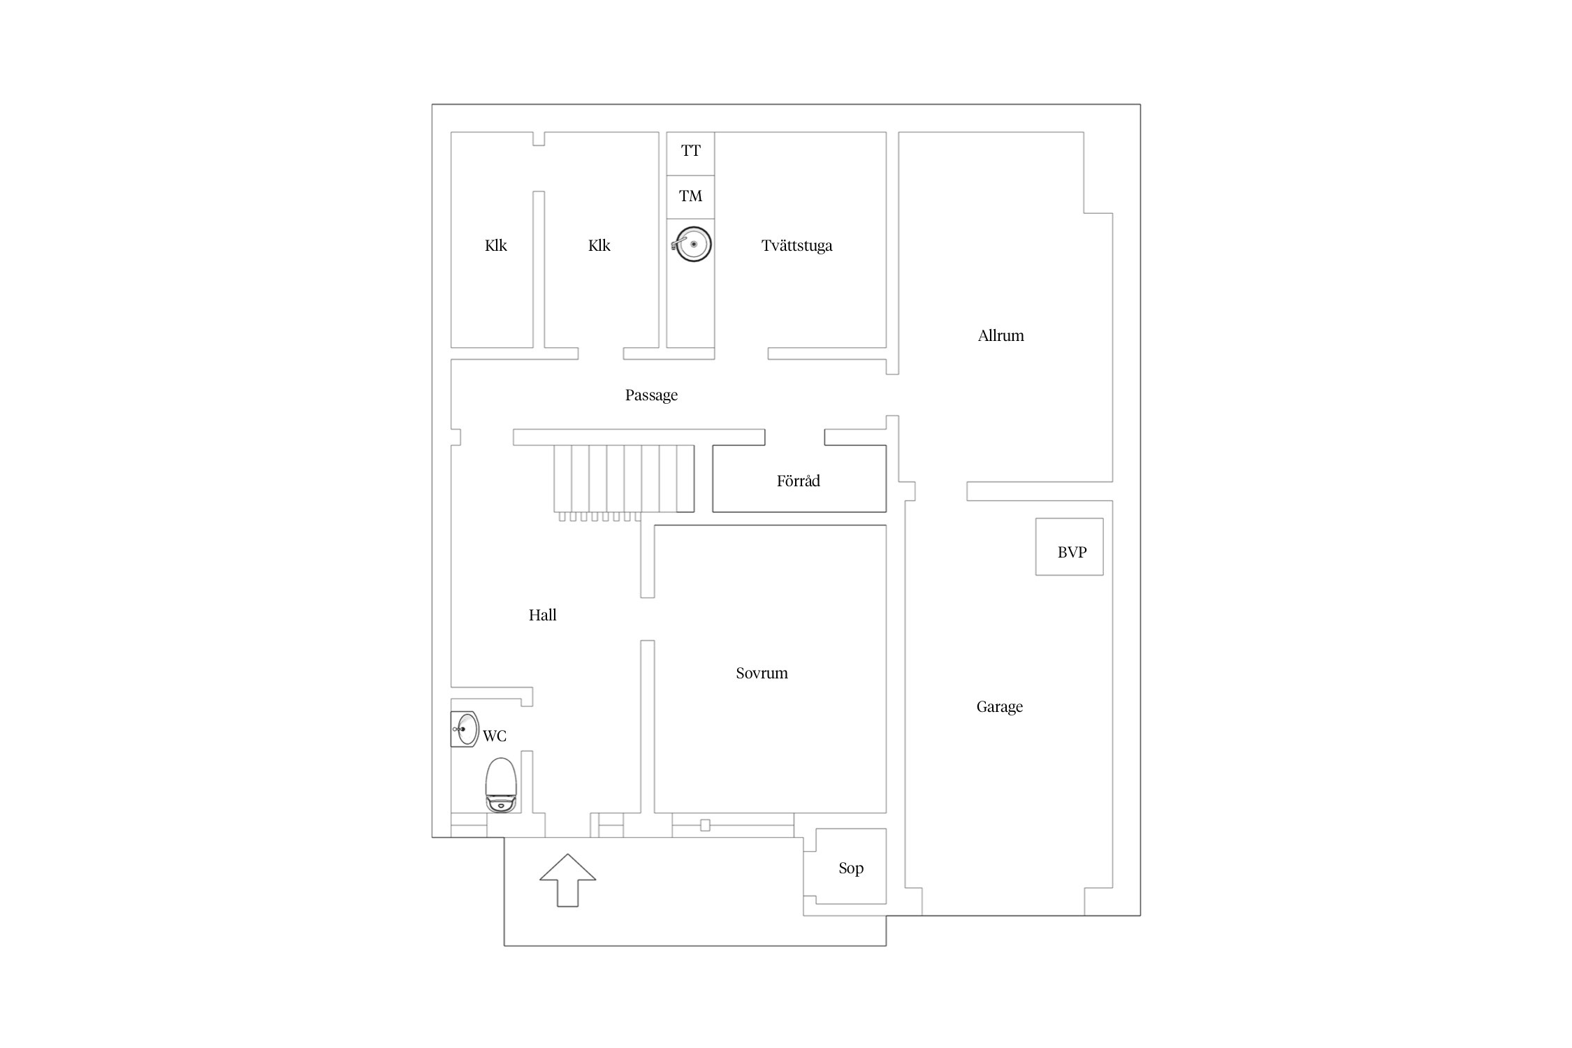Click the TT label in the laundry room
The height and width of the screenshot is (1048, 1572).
[x=690, y=150]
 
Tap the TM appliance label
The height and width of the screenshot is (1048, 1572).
[x=690, y=196]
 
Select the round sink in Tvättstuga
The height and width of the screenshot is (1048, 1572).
[x=692, y=245]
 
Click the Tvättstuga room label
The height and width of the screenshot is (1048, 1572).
[x=796, y=246]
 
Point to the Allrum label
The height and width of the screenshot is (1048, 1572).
[x=1000, y=335]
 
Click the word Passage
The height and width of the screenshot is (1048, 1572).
[x=651, y=395]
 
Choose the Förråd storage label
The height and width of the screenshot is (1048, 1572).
[x=798, y=481]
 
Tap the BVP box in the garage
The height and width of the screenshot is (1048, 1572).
[x=1069, y=547]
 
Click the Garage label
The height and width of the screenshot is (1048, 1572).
[x=999, y=707]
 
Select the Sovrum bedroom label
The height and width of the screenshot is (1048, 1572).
[x=762, y=673]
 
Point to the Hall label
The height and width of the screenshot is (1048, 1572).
[x=542, y=615]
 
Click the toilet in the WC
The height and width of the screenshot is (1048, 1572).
[x=501, y=785]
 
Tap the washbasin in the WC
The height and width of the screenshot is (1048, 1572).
[x=465, y=729]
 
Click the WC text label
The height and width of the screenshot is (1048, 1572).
[x=495, y=736]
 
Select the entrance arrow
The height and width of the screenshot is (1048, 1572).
[x=567, y=880]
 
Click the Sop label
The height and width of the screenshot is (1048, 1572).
[x=851, y=868]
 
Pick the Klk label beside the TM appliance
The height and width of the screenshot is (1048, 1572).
[x=599, y=245]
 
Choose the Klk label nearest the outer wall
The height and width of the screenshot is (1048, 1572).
[x=495, y=245]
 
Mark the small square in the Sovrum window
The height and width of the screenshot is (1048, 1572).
[x=705, y=825]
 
